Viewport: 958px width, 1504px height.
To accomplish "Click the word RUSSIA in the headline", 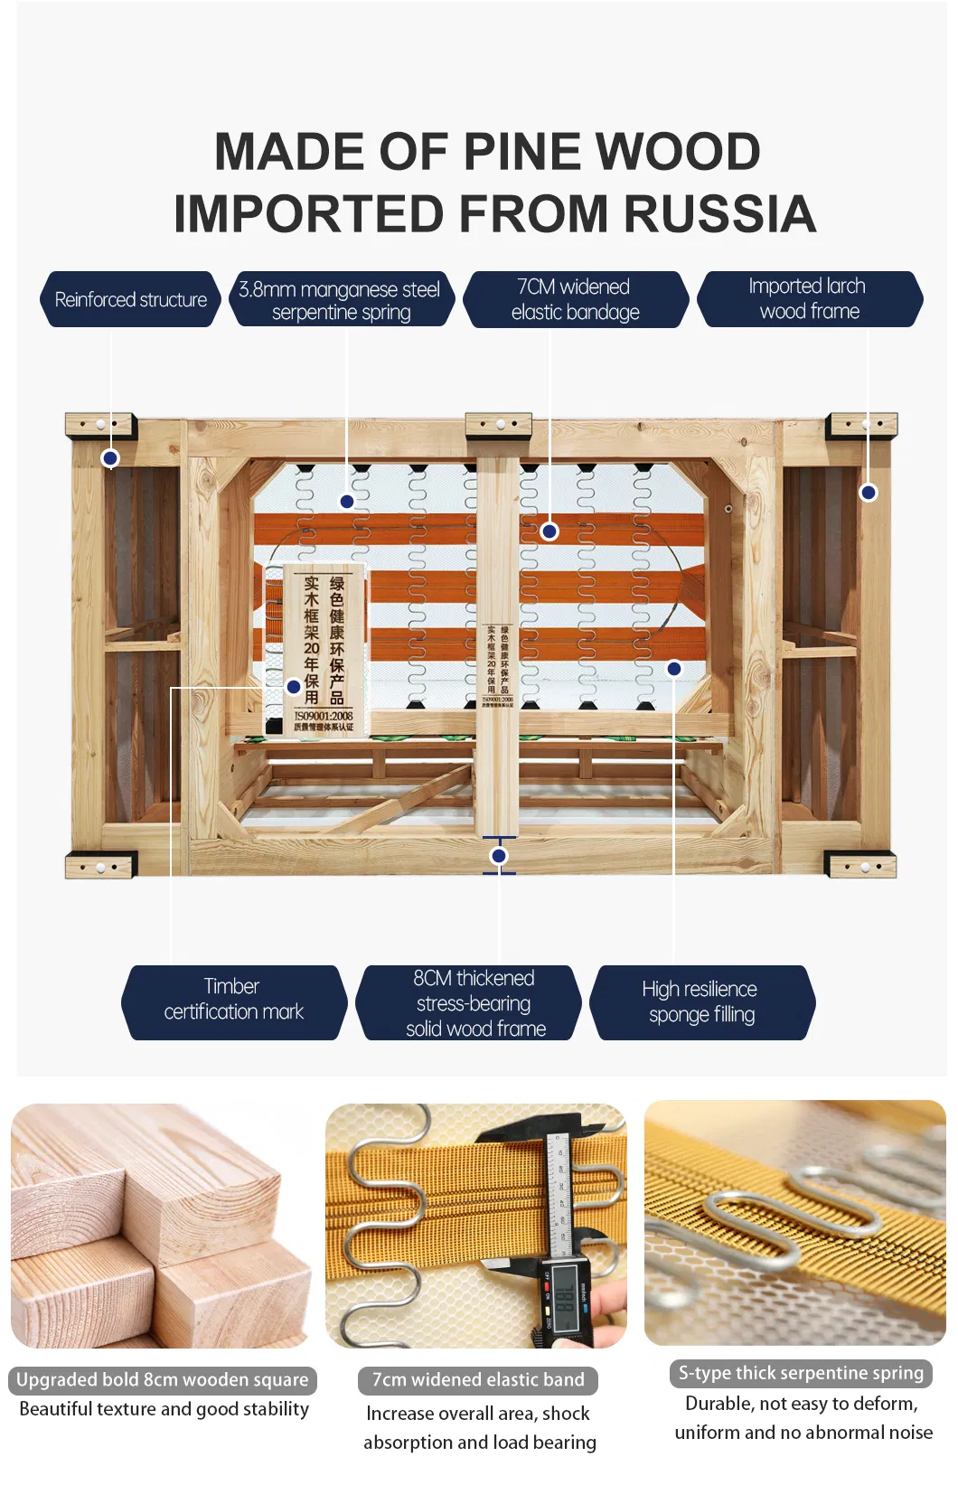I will pos(719,214).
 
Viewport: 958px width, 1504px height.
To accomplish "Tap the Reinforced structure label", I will pos(130,299).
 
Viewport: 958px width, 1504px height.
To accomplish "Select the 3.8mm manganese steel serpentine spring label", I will pos(340,300).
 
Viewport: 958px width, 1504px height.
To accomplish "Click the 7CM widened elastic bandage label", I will pos(575,299).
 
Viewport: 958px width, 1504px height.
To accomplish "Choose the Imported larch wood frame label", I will pos(809,299).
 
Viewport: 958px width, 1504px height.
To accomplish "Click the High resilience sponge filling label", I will pos(701,1002).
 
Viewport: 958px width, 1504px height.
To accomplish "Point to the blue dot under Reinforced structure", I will pos(110,458).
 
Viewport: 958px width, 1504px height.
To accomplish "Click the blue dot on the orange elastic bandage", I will pos(549,531).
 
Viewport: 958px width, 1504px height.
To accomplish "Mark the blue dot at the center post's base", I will pos(499,855).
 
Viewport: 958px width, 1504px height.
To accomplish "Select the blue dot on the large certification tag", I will pos(294,687).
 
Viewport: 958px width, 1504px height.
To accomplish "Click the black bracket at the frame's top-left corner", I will pos(100,425).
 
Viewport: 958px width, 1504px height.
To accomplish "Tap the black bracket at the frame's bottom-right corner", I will pos(861,866).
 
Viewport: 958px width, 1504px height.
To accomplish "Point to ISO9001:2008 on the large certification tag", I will pos(324,716).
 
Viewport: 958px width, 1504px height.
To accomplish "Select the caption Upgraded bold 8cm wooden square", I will pos(163,1379).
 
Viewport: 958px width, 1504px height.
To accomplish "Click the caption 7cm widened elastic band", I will pos(478,1379).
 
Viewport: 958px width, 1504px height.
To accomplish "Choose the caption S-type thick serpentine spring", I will pos(801,1373).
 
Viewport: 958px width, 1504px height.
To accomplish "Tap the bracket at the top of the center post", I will pos(499,425).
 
